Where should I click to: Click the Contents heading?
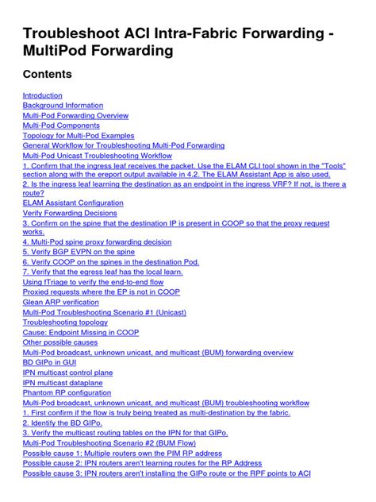point(48,75)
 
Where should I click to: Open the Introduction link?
point(42,95)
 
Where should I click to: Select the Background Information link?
point(63,106)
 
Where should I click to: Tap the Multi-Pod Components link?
point(61,125)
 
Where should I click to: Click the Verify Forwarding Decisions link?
point(70,213)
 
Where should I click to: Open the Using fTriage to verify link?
point(93,282)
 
